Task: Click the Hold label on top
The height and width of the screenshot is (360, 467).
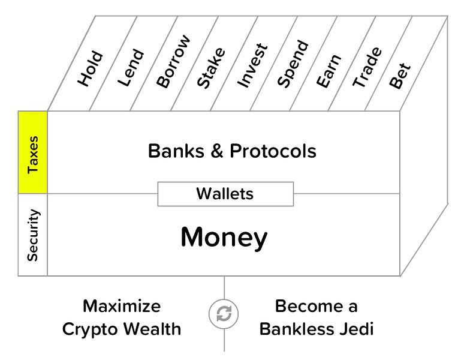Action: click(x=91, y=70)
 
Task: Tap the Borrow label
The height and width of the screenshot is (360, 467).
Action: click(x=173, y=62)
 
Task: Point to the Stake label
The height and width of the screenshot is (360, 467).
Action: click(x=211, y=68)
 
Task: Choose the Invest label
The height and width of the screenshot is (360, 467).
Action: click(x=252, y=66)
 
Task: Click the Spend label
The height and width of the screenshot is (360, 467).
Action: click(x=293, y=64)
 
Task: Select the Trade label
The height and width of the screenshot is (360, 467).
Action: click(x=367, y=68)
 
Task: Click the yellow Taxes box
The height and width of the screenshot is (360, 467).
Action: click(x=33, y=152)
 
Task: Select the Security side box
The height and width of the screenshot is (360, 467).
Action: click(x=33, y=235)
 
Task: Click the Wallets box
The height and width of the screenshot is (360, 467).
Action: click(x=225, y=194)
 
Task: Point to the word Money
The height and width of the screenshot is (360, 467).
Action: click(x=224, y=238)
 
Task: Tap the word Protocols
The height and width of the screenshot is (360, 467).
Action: click(x=273, y=151)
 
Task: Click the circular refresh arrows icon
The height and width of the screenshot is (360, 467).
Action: click(x=224, y=314)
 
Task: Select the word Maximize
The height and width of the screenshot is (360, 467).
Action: click(x=122, y=306)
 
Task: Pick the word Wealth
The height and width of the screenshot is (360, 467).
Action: click(x=153, y=329)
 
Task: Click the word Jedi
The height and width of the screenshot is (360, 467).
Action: click(x=356, y=329)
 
